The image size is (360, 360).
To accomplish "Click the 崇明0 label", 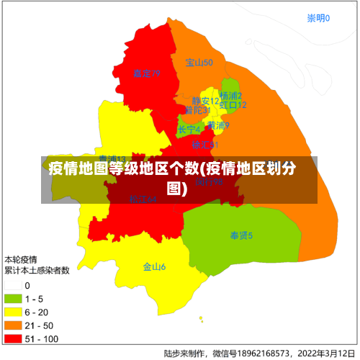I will click(318, 18).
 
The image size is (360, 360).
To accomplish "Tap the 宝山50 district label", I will click(199, 63).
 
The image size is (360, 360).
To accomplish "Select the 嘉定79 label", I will click(146, 73).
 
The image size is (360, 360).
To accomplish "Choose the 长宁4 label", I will click(189, 130).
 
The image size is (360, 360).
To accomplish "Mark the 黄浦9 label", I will click(218, 125).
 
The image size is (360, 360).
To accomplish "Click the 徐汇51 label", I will click(204, 145).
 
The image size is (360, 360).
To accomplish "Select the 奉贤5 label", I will click(241, 235).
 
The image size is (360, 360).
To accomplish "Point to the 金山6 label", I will click(154, 267).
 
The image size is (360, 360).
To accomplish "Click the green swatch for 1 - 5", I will click(14, 299).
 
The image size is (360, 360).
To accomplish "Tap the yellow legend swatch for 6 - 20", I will click(14, 312).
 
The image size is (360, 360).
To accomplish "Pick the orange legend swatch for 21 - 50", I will click(14, 325).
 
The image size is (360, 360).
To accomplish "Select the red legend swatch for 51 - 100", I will click(14, 338).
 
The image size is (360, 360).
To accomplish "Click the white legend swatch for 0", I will click(14, 286).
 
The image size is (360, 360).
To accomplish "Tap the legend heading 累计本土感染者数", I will click(37, 271).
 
